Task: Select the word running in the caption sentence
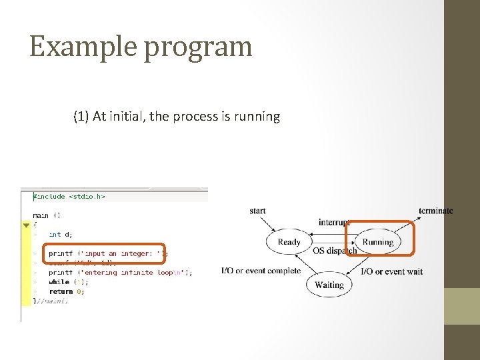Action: (257, 117)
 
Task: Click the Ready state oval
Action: (289, 242)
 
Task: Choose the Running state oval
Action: (378, 242)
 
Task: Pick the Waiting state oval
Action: (329, 285)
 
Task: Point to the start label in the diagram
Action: (257, 211)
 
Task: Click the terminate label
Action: (435, 211)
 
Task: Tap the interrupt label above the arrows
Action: (334, 222)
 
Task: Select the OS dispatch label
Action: (335, 251)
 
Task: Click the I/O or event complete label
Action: (261, 271)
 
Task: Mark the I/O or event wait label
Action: (392, 271)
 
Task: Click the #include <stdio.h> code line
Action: (69, 197)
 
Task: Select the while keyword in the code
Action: (59, 282)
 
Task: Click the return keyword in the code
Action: (61, 291)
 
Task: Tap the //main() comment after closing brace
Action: (53, 301)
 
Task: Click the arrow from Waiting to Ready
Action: (303, 267)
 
